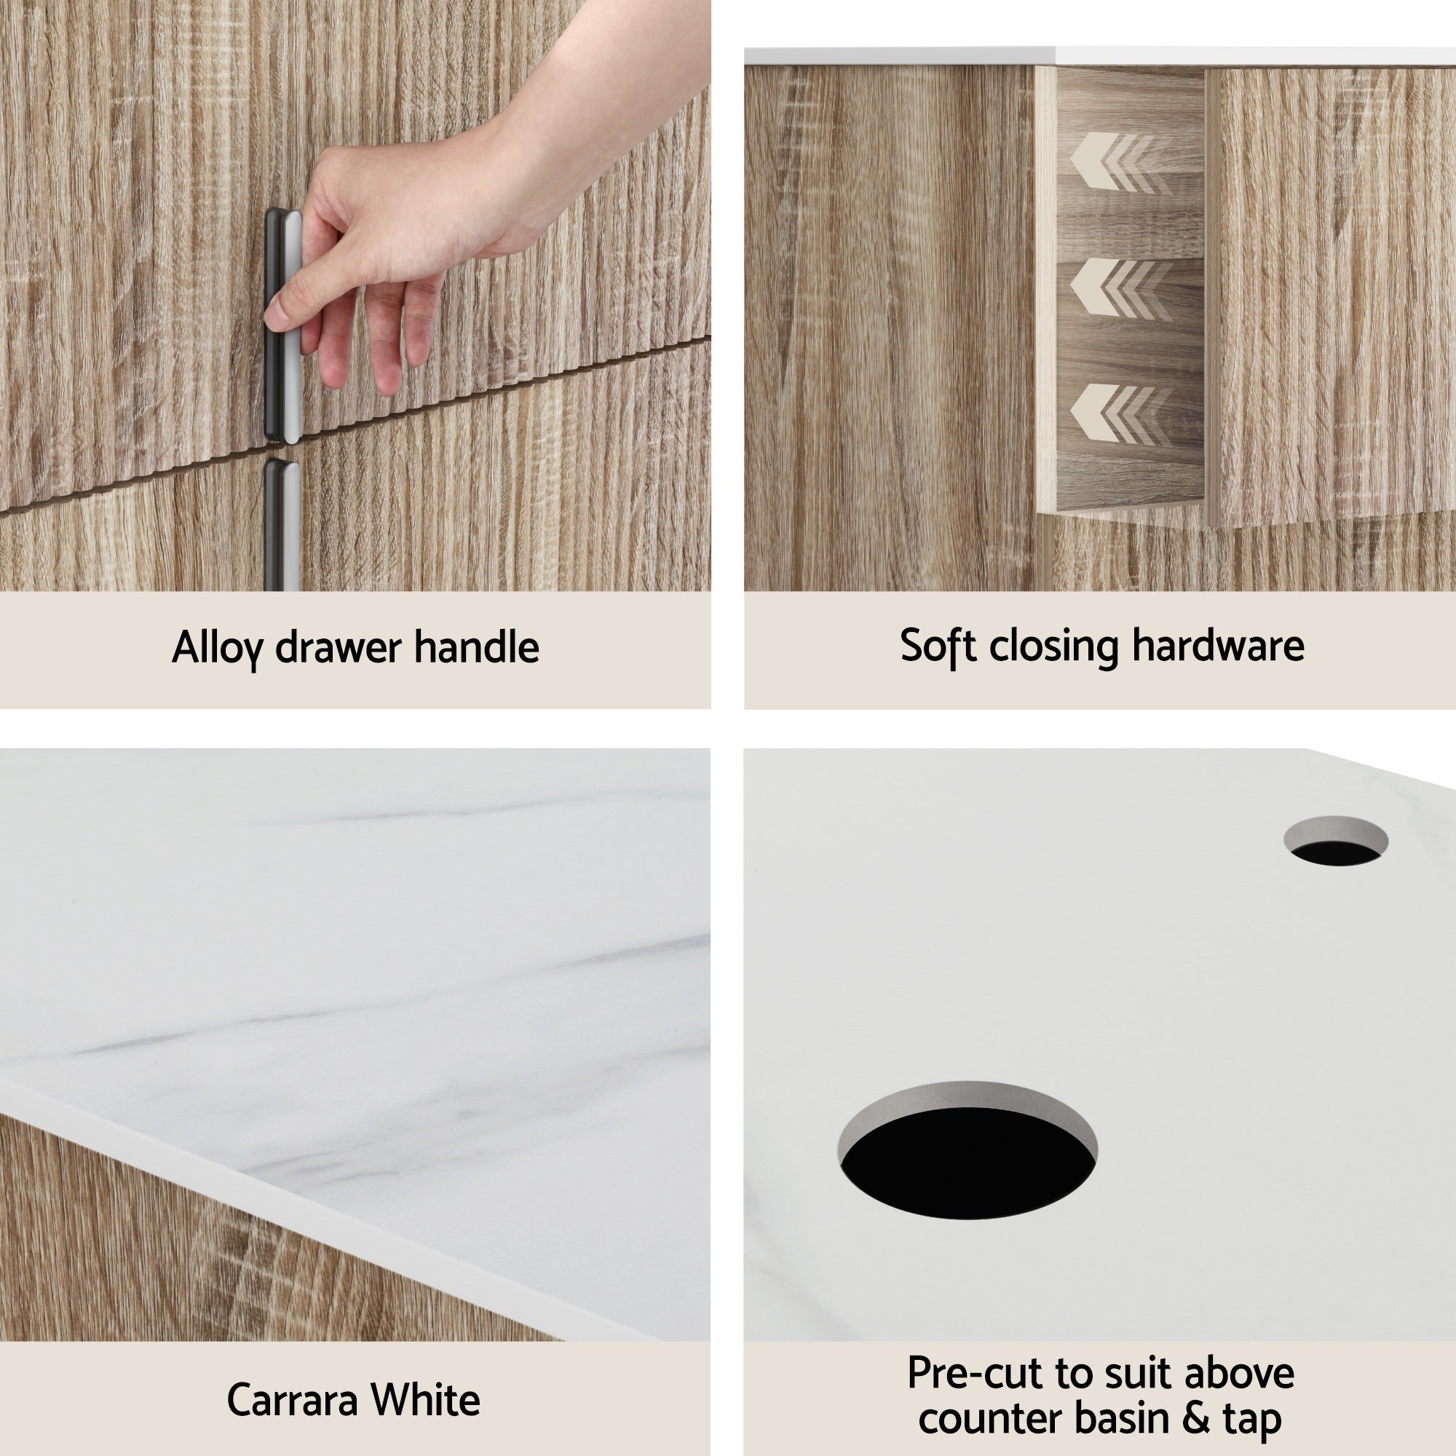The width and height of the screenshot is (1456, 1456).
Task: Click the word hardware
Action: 1218,646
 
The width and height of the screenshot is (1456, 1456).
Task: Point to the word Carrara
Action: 292,1400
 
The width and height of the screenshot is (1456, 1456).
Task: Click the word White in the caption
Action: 426,1400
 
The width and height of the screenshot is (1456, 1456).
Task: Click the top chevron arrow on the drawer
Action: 1112,162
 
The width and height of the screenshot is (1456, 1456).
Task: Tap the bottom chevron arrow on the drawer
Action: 1112,414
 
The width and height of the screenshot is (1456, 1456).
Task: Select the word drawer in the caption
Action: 338,647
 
